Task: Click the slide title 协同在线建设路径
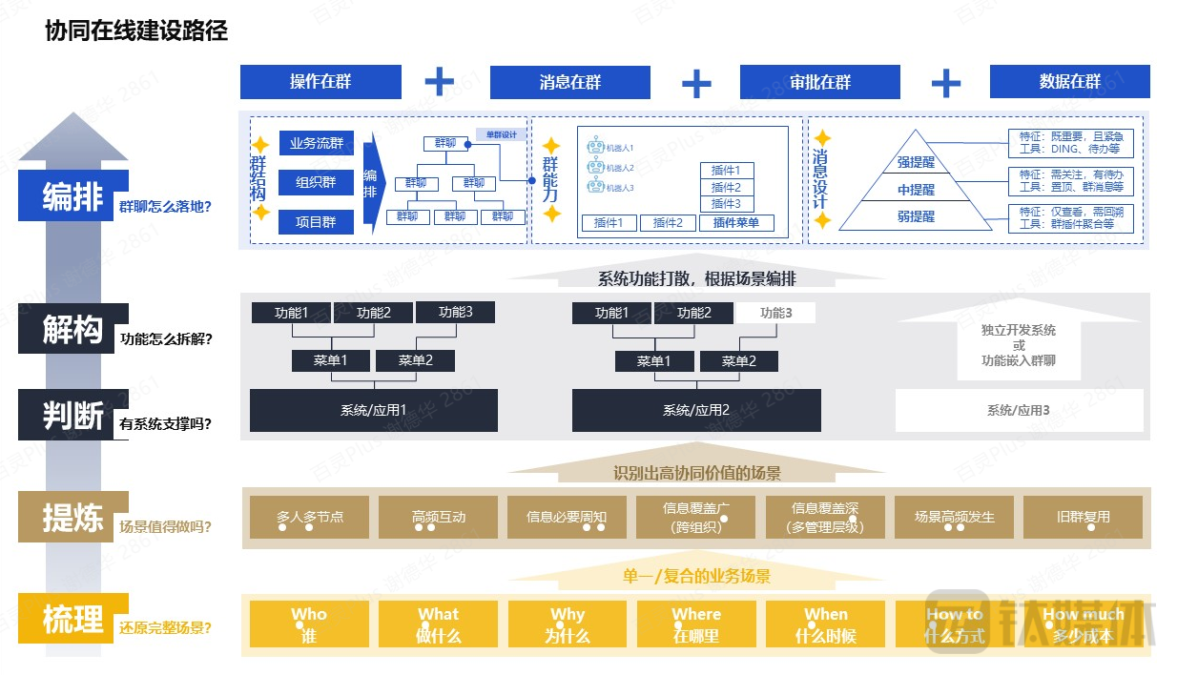136,31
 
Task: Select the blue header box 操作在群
320,82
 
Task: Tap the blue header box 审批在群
819,82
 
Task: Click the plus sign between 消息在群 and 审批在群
695,83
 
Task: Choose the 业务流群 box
317,144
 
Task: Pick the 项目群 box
317,222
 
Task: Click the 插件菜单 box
736,223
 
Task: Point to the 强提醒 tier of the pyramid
916,163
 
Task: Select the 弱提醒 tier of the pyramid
916,216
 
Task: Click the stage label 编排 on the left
72,196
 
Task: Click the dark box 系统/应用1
373,410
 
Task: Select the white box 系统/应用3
1018,410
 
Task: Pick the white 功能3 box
774,313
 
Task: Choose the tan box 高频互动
439,518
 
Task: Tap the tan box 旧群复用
1083,518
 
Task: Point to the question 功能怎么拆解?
167,337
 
